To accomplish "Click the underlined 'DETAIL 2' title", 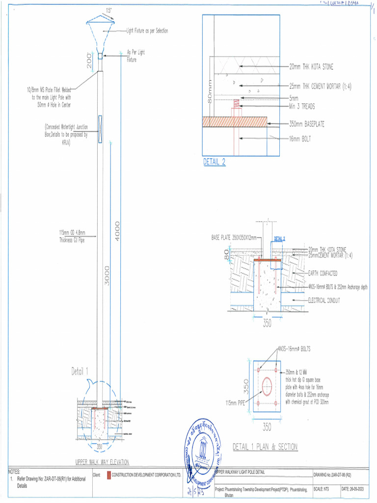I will (215, 163).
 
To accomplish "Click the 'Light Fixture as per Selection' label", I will (147, 31).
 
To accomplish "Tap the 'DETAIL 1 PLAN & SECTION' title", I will (265, 447).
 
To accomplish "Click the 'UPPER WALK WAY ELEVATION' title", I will (102, 462).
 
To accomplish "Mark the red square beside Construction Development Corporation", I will (109, 475).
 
